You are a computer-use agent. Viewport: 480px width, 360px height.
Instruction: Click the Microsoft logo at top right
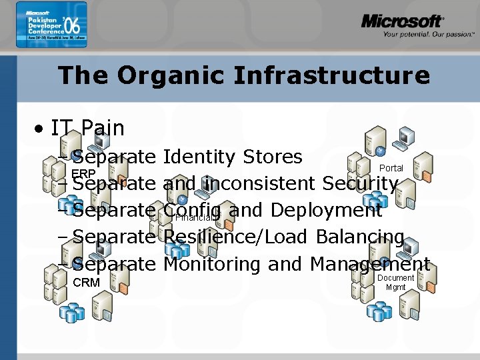(x=402, y=22)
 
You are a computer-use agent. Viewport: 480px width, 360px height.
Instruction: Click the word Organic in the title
(x=175, y=75)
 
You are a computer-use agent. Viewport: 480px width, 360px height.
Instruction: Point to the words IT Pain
(x=87, y=127)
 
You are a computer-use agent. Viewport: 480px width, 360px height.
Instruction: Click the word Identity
(x=199, y=157)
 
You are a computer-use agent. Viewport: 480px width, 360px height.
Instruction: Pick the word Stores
(x=273, y=157)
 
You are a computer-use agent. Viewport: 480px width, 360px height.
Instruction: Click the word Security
(x=361, y=183)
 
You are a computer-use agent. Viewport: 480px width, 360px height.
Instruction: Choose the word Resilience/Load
(x=235, y=237)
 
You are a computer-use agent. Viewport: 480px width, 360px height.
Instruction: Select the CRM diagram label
(x=86, y=283)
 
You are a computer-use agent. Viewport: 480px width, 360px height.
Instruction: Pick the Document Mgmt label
(x=395, y=283)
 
